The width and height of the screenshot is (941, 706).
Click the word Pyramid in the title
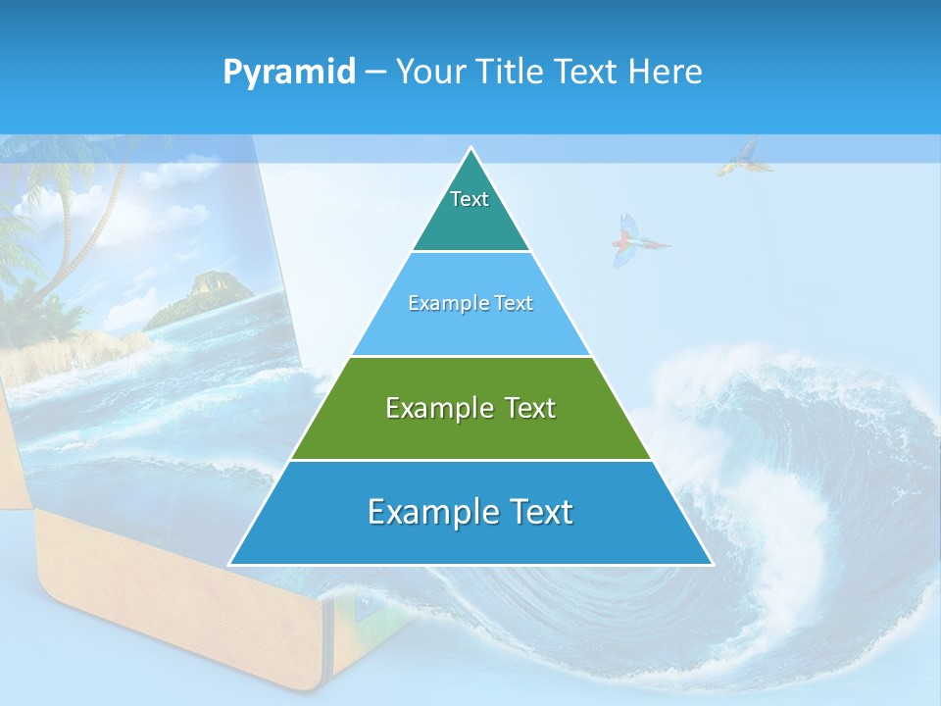(x=289, y=73)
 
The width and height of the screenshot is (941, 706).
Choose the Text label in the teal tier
(x=470, y=199)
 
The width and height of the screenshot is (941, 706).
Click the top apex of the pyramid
(x=471, y=149)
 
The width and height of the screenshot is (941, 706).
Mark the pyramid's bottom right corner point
(x=712, y=564)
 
